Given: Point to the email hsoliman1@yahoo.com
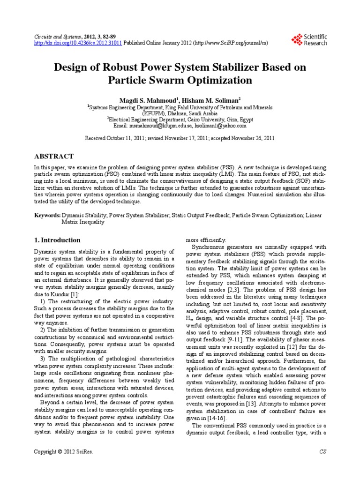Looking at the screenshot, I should tap(220, 126).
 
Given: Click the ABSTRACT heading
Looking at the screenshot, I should tap(54, 156).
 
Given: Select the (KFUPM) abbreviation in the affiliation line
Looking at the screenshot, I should tap(155, 113).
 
